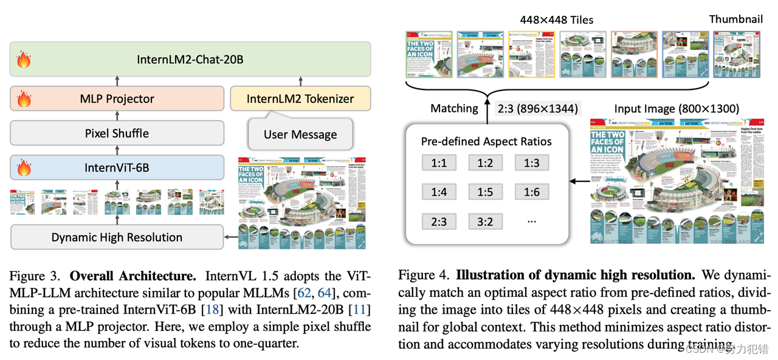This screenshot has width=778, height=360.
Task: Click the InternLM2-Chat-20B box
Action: point(190,60)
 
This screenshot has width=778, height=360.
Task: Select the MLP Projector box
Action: point(117,99)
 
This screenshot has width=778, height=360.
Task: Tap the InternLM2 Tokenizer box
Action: point(300,99)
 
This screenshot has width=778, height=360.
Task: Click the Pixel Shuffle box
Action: point(117,133)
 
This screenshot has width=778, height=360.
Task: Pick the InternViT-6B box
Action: point(117,167)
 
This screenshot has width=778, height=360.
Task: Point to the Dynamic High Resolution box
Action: point(117,237)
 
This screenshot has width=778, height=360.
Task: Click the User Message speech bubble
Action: point(300,134)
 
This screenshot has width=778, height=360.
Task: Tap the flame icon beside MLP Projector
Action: point(24,99)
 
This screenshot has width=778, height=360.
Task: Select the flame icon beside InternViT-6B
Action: point(24,167)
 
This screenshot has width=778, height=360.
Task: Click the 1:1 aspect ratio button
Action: point(439,163)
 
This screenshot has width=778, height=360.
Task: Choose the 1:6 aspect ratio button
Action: point(531,192)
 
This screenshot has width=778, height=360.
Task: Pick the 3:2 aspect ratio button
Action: point(485,221)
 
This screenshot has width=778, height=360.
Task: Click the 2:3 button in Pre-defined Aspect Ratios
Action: point(439,221)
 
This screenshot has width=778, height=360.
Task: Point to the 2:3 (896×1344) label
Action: point(537,109)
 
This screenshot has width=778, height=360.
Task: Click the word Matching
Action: point(454,109)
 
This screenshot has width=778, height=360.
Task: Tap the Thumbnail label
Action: point(736,19)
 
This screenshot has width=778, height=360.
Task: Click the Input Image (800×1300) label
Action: point(676,109)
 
